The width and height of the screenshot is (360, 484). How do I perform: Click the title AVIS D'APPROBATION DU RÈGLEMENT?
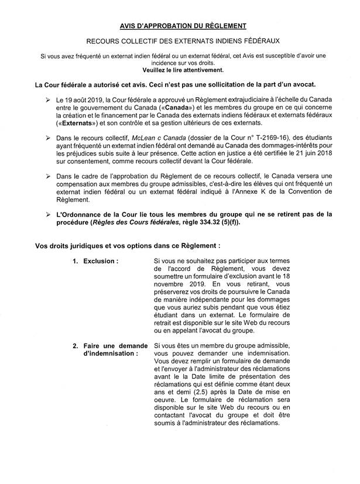(179, 26)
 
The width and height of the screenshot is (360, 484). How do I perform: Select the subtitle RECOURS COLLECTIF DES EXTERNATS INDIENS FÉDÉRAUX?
(179, 42)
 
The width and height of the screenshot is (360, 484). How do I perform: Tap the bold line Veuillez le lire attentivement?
(179, 69)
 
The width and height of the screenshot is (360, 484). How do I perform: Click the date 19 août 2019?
(88, 101)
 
